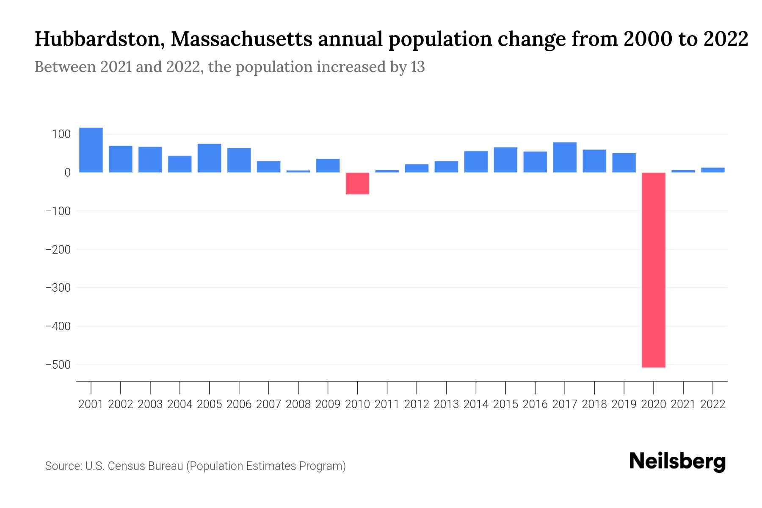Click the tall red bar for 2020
[653, 270]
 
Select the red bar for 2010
[357, 183]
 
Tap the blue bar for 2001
[91, 150]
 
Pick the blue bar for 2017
[564, 157]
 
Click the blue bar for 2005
[209, 158]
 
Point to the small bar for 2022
[712, 170]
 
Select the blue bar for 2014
[476, 162]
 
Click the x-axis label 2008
[298, 404]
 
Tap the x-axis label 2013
[446, 404]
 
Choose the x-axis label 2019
[624, 404]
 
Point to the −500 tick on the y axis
[58, 364]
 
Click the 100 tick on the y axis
[61, 134]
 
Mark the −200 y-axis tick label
[58, 249]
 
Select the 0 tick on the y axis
[67, 173]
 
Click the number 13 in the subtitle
[417, 67]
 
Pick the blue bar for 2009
[328, 166]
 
